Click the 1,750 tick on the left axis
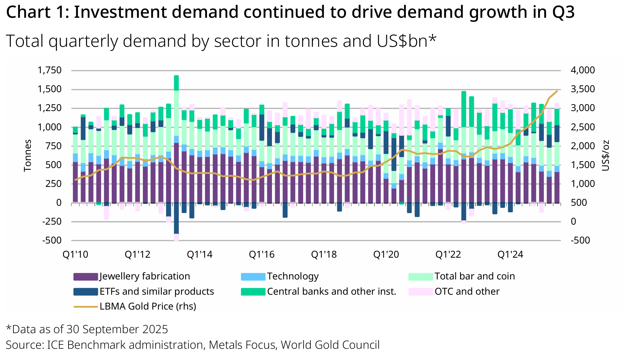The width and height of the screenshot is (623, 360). click(50, 70)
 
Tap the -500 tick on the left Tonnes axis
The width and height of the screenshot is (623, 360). click(52, 240)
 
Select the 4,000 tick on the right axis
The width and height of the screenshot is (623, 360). click(583, 70)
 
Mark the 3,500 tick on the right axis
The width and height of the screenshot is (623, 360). click(583, 89)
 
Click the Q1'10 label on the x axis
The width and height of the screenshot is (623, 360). click(75, 254)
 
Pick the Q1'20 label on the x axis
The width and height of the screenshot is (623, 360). click(386, 254)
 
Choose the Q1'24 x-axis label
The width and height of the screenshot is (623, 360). click(510, 254)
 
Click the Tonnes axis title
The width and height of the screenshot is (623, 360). click(28, 155)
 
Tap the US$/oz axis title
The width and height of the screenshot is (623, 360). click(606, 155)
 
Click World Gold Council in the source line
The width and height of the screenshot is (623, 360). click(330, 345)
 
